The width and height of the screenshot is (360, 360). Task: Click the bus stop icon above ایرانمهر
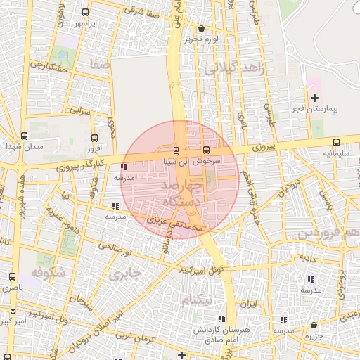pyautogui.click(x=85, y=13)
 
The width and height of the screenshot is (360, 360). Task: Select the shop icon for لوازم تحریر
pyautogui.click(x=202, y=29)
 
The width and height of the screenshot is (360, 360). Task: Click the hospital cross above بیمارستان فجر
pyautogui.click(x=314, y=98)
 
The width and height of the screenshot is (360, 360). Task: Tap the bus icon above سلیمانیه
pyautogui.click(x=336, y=141)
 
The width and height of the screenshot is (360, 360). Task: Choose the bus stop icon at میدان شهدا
pyautogui.click(x=24, y=136)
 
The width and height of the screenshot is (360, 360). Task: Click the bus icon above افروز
pyautogui.click(x=94, y=138)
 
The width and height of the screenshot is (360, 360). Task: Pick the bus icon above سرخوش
pyautogui.click(x=206, y=150)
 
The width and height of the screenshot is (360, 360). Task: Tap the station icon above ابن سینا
pyautogui.click(x=176, y=150)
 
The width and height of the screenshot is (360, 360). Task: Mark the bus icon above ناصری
pyautogui.click(x=11, y=277)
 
